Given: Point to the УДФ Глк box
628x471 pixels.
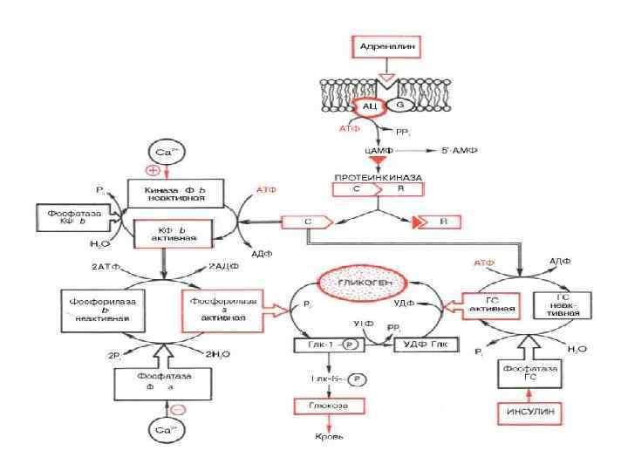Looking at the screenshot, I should pyautogui.click(x=425, y=346).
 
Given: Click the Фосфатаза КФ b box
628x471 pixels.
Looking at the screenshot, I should pyautogui.click(x=71, y=217).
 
